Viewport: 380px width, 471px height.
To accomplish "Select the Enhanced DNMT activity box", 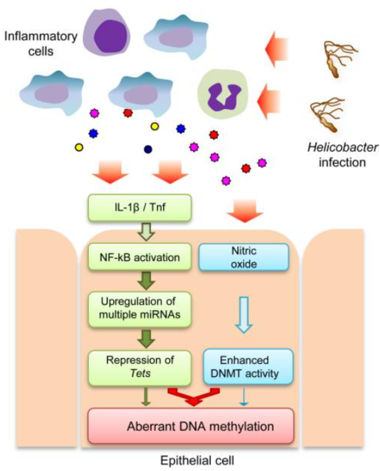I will click(x=247, y=364).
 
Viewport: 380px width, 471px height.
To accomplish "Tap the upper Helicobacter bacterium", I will click(x=337, y=55).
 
